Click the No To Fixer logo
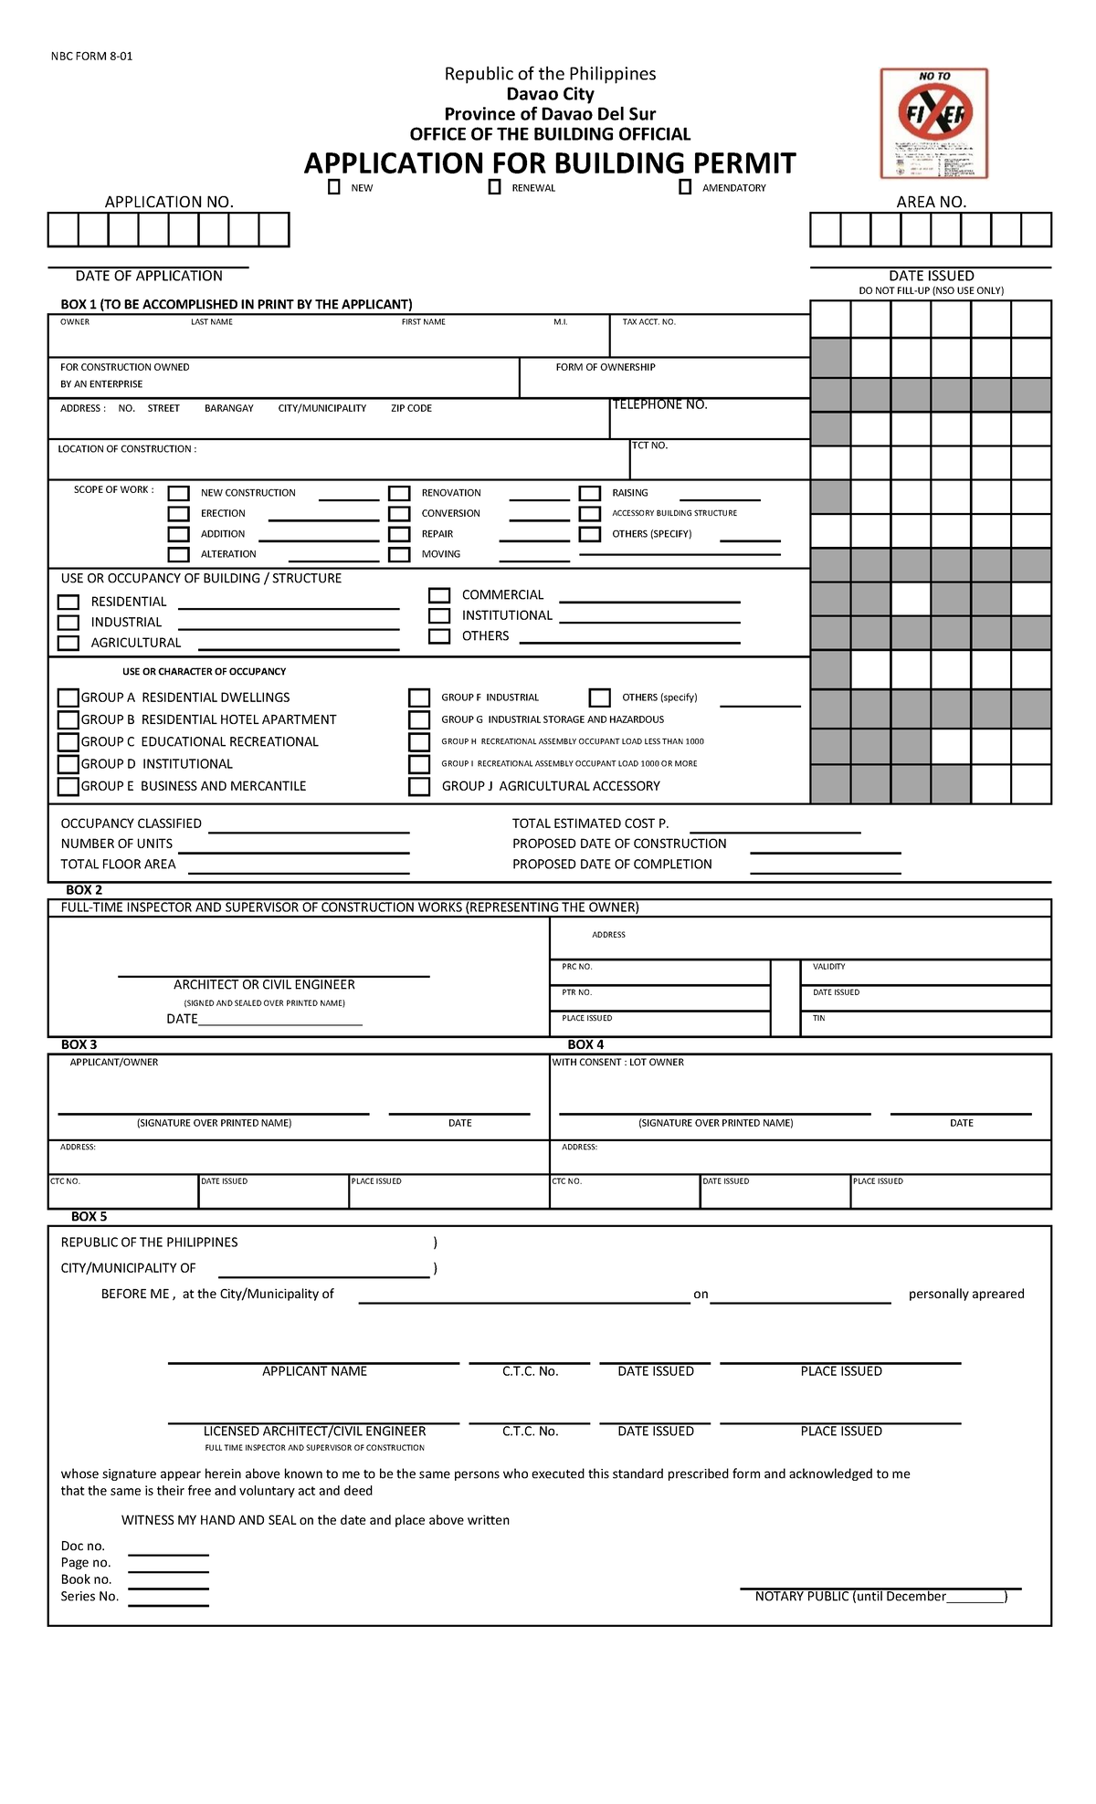[x=933, y=122]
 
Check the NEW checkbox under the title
[x=334, y=187]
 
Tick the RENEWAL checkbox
[x=494, y=187]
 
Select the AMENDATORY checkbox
[x=685, y=187]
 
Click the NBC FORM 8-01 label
[x=91, y=56]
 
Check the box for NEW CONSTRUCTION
[x=178, y=494]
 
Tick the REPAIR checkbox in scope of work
[x=399, y=534]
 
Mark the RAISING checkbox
[x=590, y=493]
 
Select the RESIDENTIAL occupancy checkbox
[x=68, y=603]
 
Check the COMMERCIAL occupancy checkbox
[x=439, y=595]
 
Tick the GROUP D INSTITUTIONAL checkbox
[x=68, y=764]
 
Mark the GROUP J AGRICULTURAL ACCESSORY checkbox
[x=419, y=786]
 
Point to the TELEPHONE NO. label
[x=659, y=404]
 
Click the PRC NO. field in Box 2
[x=659, y=973]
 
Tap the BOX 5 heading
[x=89, y=1216]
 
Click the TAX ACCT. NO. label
[x=648, y=322]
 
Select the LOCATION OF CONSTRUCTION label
[x=127, y=449]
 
